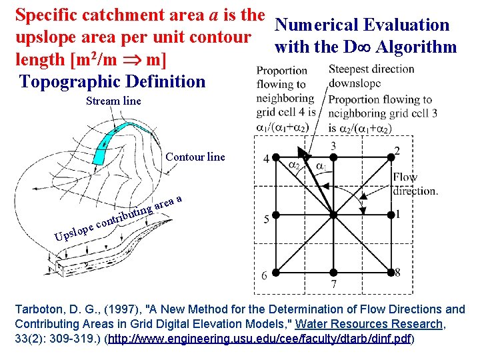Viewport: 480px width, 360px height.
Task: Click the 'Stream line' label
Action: [113, 101]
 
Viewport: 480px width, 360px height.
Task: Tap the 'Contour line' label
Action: [195, 157]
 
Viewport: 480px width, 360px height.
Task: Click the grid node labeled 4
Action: [275, 158]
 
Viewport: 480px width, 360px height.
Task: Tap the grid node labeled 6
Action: [275, 272]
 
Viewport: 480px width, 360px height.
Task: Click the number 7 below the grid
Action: [333, 285]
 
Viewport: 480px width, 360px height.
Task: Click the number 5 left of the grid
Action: [265, 219]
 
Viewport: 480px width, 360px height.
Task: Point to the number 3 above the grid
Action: [333, 145]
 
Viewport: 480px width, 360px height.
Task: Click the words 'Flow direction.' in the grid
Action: [415, 183]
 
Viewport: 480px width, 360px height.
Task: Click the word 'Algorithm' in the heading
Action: [416, 47]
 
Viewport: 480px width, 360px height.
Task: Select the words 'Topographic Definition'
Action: [113, 82]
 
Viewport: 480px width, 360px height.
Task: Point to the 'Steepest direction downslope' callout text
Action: [371, 76]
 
